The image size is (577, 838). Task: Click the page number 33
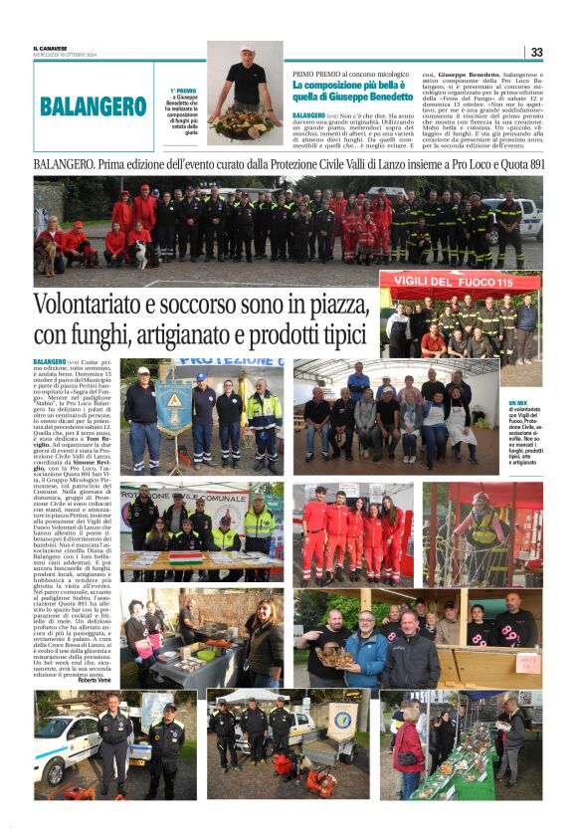pos(536,52)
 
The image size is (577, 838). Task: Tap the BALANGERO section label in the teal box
pos(94,106)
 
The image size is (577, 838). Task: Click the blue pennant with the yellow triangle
pos(173,407)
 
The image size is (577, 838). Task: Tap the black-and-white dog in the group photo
pos(141,255)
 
